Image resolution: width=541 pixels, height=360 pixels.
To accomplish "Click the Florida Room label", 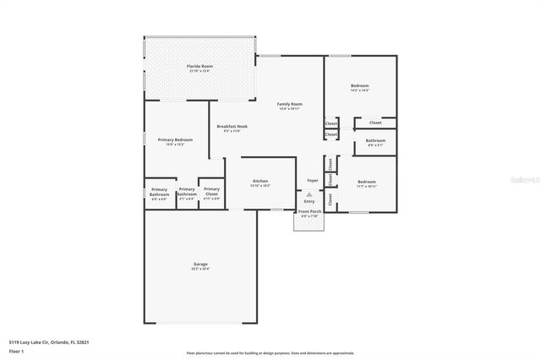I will pyautogui.click(x=199, y=65).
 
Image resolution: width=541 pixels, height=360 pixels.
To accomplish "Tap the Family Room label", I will pyautogui.click(x=290, y=104).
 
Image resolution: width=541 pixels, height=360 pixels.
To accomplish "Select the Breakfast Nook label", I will pyautogui.click(x=232, y=127).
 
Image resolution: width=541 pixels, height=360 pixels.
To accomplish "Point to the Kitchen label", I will pyautogui.click(x=260, y=182).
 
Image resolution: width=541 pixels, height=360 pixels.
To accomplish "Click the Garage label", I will pyautogui.click(x=199, y=265).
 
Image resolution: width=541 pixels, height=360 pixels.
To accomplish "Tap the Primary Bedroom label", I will pyautogui.click(x=175, y=140).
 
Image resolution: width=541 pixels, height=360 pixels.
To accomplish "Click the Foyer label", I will pyautogui.click(x=312, y=181).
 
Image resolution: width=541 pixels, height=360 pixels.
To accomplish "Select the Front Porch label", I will pyautogui.click(x=309, y=212).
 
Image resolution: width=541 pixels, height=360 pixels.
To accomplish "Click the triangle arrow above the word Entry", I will pyautogui.click(x=309, y=194).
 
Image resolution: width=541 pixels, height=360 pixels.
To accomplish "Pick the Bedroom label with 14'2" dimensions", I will pyautogui.click(x=359, y=86).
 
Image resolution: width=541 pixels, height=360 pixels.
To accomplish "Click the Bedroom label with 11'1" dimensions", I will pyautogui.click(x=366, y=183).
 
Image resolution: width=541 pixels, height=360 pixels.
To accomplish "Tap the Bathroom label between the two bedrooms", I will pyautogui.click(x=375, y=141).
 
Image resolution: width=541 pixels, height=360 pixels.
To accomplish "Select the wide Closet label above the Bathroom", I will pyautogui.click(x=375, y=123).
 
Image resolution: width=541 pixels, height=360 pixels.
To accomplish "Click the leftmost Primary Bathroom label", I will pyautogui.click(x=159, y=191).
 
